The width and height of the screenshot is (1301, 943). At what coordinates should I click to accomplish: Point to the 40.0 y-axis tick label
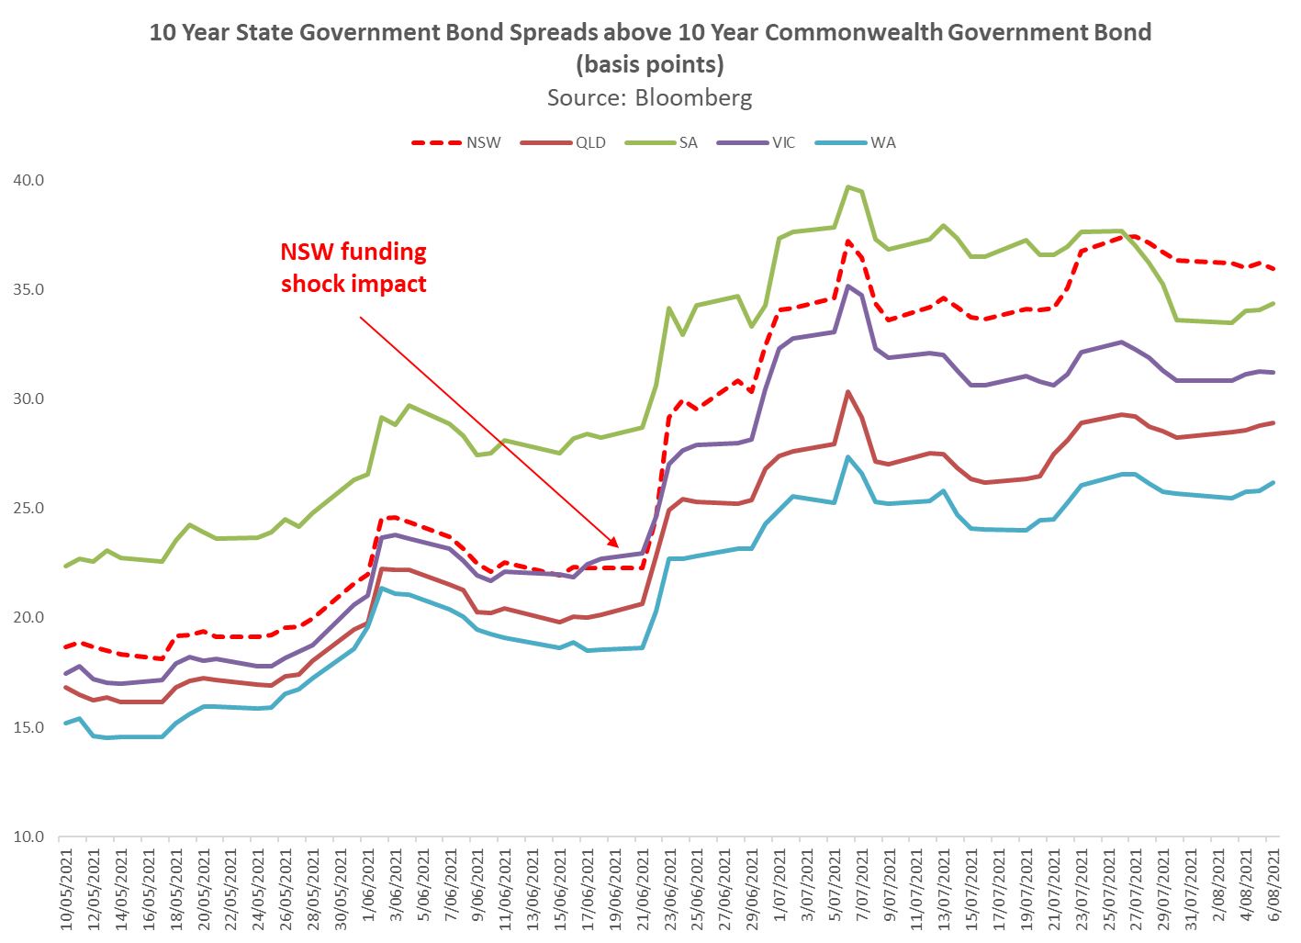point(28,180)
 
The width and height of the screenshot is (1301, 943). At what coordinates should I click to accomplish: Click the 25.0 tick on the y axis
point(28,508)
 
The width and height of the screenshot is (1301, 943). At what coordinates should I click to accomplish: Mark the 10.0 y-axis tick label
point(28,836)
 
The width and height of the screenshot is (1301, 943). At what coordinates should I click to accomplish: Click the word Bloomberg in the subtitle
point(693,97)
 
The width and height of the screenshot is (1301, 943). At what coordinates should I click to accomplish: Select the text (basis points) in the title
point(650,64)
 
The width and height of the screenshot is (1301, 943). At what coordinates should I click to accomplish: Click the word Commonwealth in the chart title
point(853,32)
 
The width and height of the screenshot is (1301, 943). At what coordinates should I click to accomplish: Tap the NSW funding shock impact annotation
point(353,267)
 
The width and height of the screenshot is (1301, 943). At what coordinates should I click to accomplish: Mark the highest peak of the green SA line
point(847,186)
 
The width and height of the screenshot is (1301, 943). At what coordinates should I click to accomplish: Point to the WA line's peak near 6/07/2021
point(847,456)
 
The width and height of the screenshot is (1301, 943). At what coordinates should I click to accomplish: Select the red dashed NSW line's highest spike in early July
point(847,241)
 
